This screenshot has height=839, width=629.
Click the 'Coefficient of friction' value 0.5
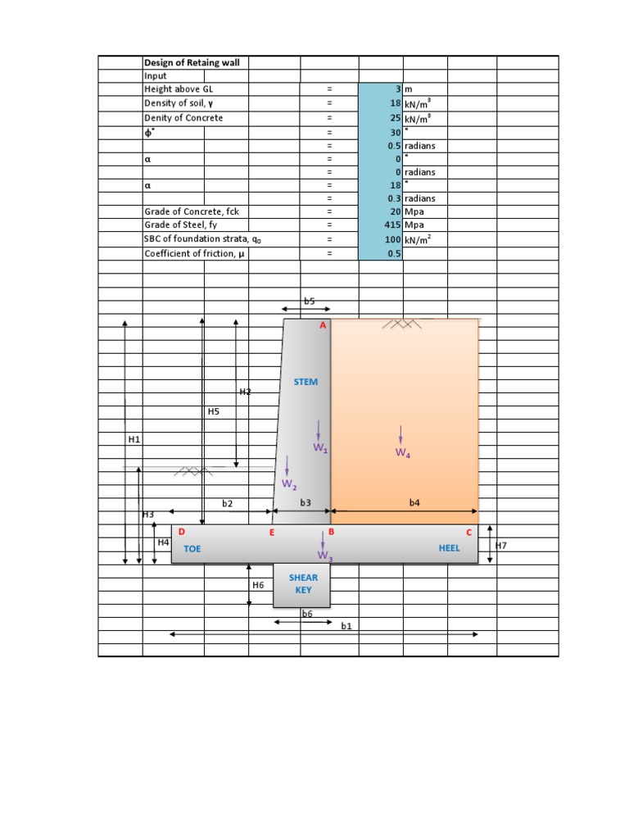click(394, 253)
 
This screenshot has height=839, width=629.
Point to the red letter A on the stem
click(323, 326)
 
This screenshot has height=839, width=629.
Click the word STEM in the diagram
click(305, 382)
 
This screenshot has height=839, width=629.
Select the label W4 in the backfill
click(402, 452)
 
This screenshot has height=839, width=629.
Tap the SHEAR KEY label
click(303, 583)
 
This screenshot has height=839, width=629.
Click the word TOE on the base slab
click(192, 549)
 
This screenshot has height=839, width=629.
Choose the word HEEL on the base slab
click(450, 548)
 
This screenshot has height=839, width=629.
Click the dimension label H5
click(214, 411)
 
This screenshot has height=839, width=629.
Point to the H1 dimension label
click(134, 440)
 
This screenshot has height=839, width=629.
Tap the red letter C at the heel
click(469, 533)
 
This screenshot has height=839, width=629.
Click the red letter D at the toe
click(181, 533)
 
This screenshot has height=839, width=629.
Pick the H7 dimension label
click(501, 544)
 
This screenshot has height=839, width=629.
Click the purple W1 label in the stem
click(319, 447)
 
